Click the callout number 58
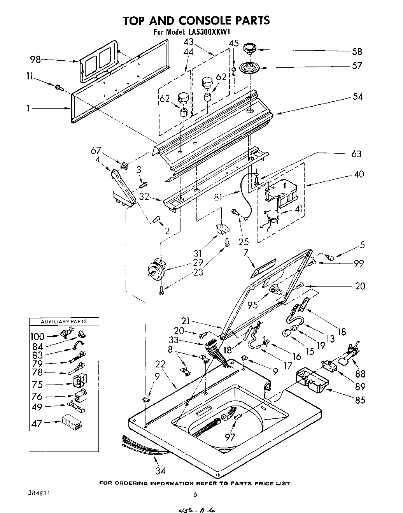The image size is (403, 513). [357, 51]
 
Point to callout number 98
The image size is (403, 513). [35, 59]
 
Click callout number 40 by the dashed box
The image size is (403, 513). [359, 174]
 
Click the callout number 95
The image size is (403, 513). [253, 305]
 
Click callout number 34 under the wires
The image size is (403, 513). [160, 471]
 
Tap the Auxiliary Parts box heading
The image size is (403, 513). [64, 322]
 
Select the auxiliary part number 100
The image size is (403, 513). [38, 336]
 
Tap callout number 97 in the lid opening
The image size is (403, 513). [230, 437]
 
